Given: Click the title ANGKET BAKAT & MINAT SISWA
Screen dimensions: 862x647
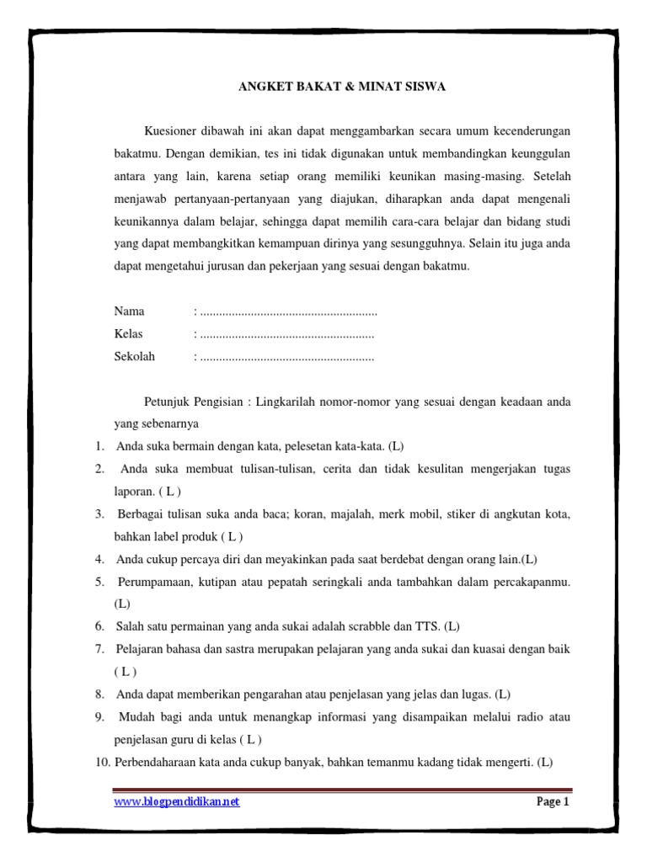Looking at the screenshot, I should (344, 86).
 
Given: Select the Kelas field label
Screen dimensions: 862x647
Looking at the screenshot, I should (129, 334).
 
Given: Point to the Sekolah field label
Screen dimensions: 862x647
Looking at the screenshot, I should (135, 356).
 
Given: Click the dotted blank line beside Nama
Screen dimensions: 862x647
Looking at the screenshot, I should (286, 312).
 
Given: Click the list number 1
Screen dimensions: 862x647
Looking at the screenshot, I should (99, 445).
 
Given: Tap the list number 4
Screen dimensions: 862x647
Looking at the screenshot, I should (99, 559).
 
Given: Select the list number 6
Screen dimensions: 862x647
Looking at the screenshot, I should (99, 626).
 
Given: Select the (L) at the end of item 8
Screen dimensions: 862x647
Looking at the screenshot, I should (503, 694).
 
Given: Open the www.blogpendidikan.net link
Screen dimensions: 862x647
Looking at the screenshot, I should (177, 802).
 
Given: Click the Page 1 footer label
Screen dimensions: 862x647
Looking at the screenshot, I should (553, 802).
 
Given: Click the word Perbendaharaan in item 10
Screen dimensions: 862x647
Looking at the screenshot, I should (158, 763).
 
